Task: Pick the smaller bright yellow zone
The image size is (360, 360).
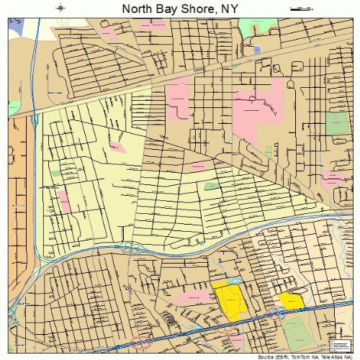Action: pyautogui.click(x=291, y=301)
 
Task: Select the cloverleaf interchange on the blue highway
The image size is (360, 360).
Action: pyautogui.click(x=132, y=249)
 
